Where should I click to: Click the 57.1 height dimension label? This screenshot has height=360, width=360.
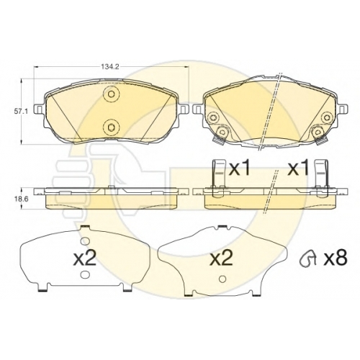click(19, 112)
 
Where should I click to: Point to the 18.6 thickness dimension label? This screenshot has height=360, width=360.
click(19, 199)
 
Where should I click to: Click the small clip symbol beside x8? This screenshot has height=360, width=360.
click(308, 260)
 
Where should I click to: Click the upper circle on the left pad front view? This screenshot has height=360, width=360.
click(111, 94)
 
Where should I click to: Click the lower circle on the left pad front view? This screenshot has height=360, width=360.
click(111, 127)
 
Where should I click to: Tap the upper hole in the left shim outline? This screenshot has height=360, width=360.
click(85, 240)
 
